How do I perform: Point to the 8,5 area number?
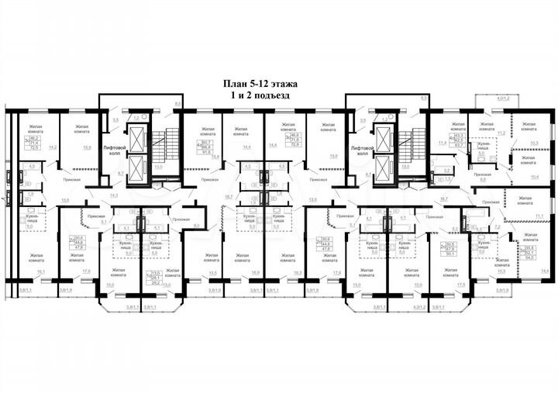coord(423,99)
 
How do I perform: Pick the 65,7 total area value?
coord(458,145)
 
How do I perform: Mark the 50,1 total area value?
coord(450,253)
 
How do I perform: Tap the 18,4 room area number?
coord(544,271)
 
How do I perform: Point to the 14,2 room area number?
coord(52,147)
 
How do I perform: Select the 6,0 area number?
coord(197,225)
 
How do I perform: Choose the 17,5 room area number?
coord(461,285)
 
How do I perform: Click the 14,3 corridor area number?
coord(114,196)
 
